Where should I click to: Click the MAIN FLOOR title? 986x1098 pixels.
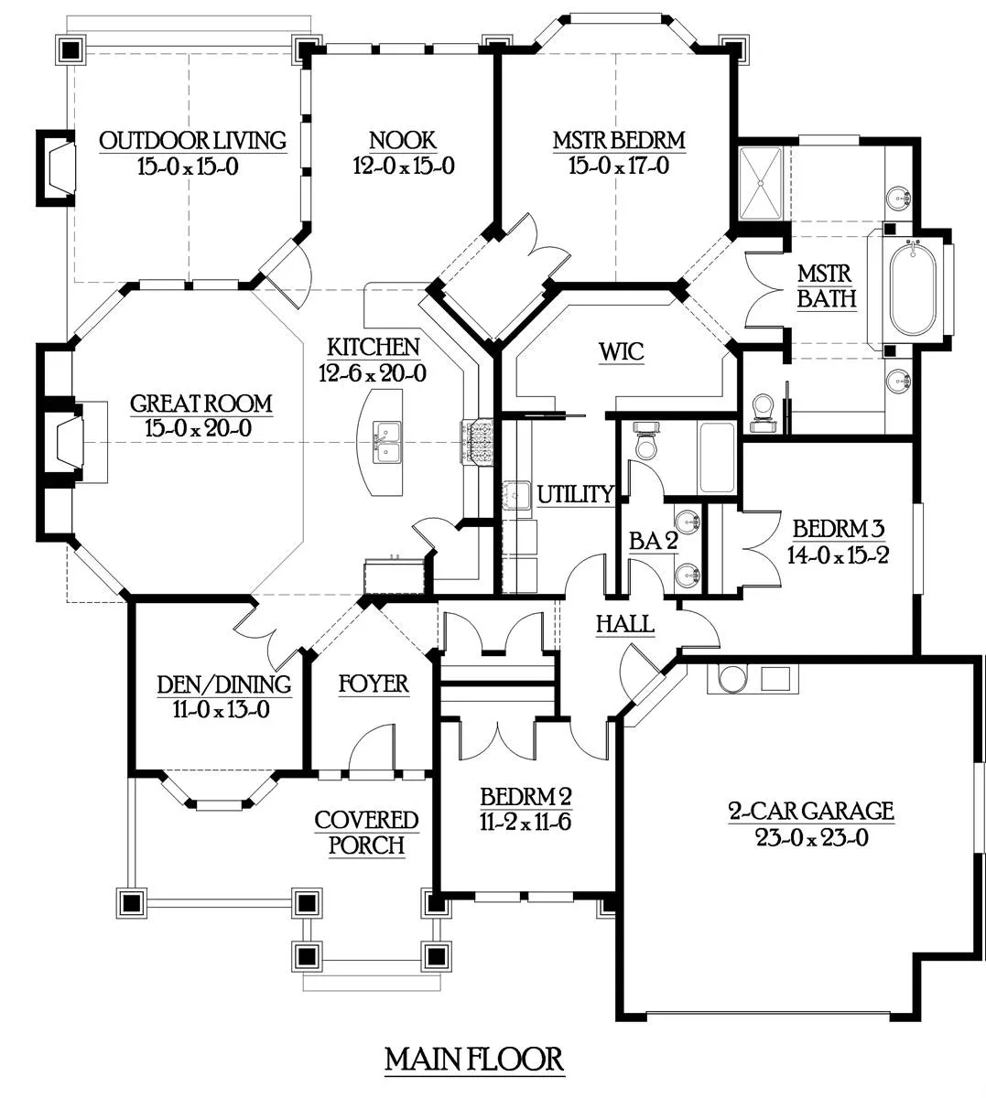(474, 1059)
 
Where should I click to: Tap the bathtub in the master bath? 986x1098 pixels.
(913, 290)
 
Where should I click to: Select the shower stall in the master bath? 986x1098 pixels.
(761, 183)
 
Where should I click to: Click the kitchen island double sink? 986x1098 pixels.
(386, 442)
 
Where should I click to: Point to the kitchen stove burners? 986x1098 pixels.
(478, 442)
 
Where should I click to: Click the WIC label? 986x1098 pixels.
(622, 351)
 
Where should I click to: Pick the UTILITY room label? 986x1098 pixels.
(576, 494)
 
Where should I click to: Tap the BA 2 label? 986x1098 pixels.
(653, 541)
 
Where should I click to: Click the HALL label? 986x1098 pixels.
(624, 624)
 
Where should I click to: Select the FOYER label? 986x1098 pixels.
(374, 684)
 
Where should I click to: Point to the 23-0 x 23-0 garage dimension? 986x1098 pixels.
(811, 838)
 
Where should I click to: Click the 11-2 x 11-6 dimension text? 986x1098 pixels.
(525, 823)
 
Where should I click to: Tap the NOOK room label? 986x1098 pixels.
(403, 140)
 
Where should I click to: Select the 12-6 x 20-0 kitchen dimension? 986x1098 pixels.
(372, 373)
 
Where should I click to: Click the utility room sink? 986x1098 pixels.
(515, 495)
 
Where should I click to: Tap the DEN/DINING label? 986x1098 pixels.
(224, 684)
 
